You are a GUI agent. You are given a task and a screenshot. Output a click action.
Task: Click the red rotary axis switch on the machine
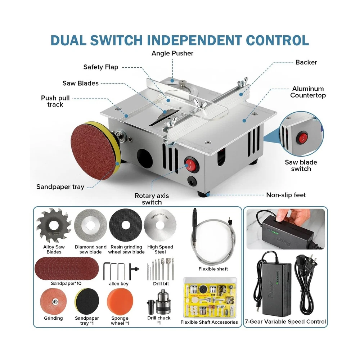coord(191,165)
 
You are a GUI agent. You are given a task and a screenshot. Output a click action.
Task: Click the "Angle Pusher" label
coord(172,53)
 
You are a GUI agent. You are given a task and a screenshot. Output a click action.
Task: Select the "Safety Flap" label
coord(100,67)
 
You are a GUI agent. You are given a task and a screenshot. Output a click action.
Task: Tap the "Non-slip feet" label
coord(286,195)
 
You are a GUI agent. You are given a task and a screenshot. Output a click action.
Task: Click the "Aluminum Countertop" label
coord(308,92)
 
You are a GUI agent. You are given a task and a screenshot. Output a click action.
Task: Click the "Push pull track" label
coord(55,101)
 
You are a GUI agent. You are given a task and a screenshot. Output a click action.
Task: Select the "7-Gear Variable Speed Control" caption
coord(285,321)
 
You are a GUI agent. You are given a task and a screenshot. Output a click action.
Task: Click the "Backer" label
coord(306,62)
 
